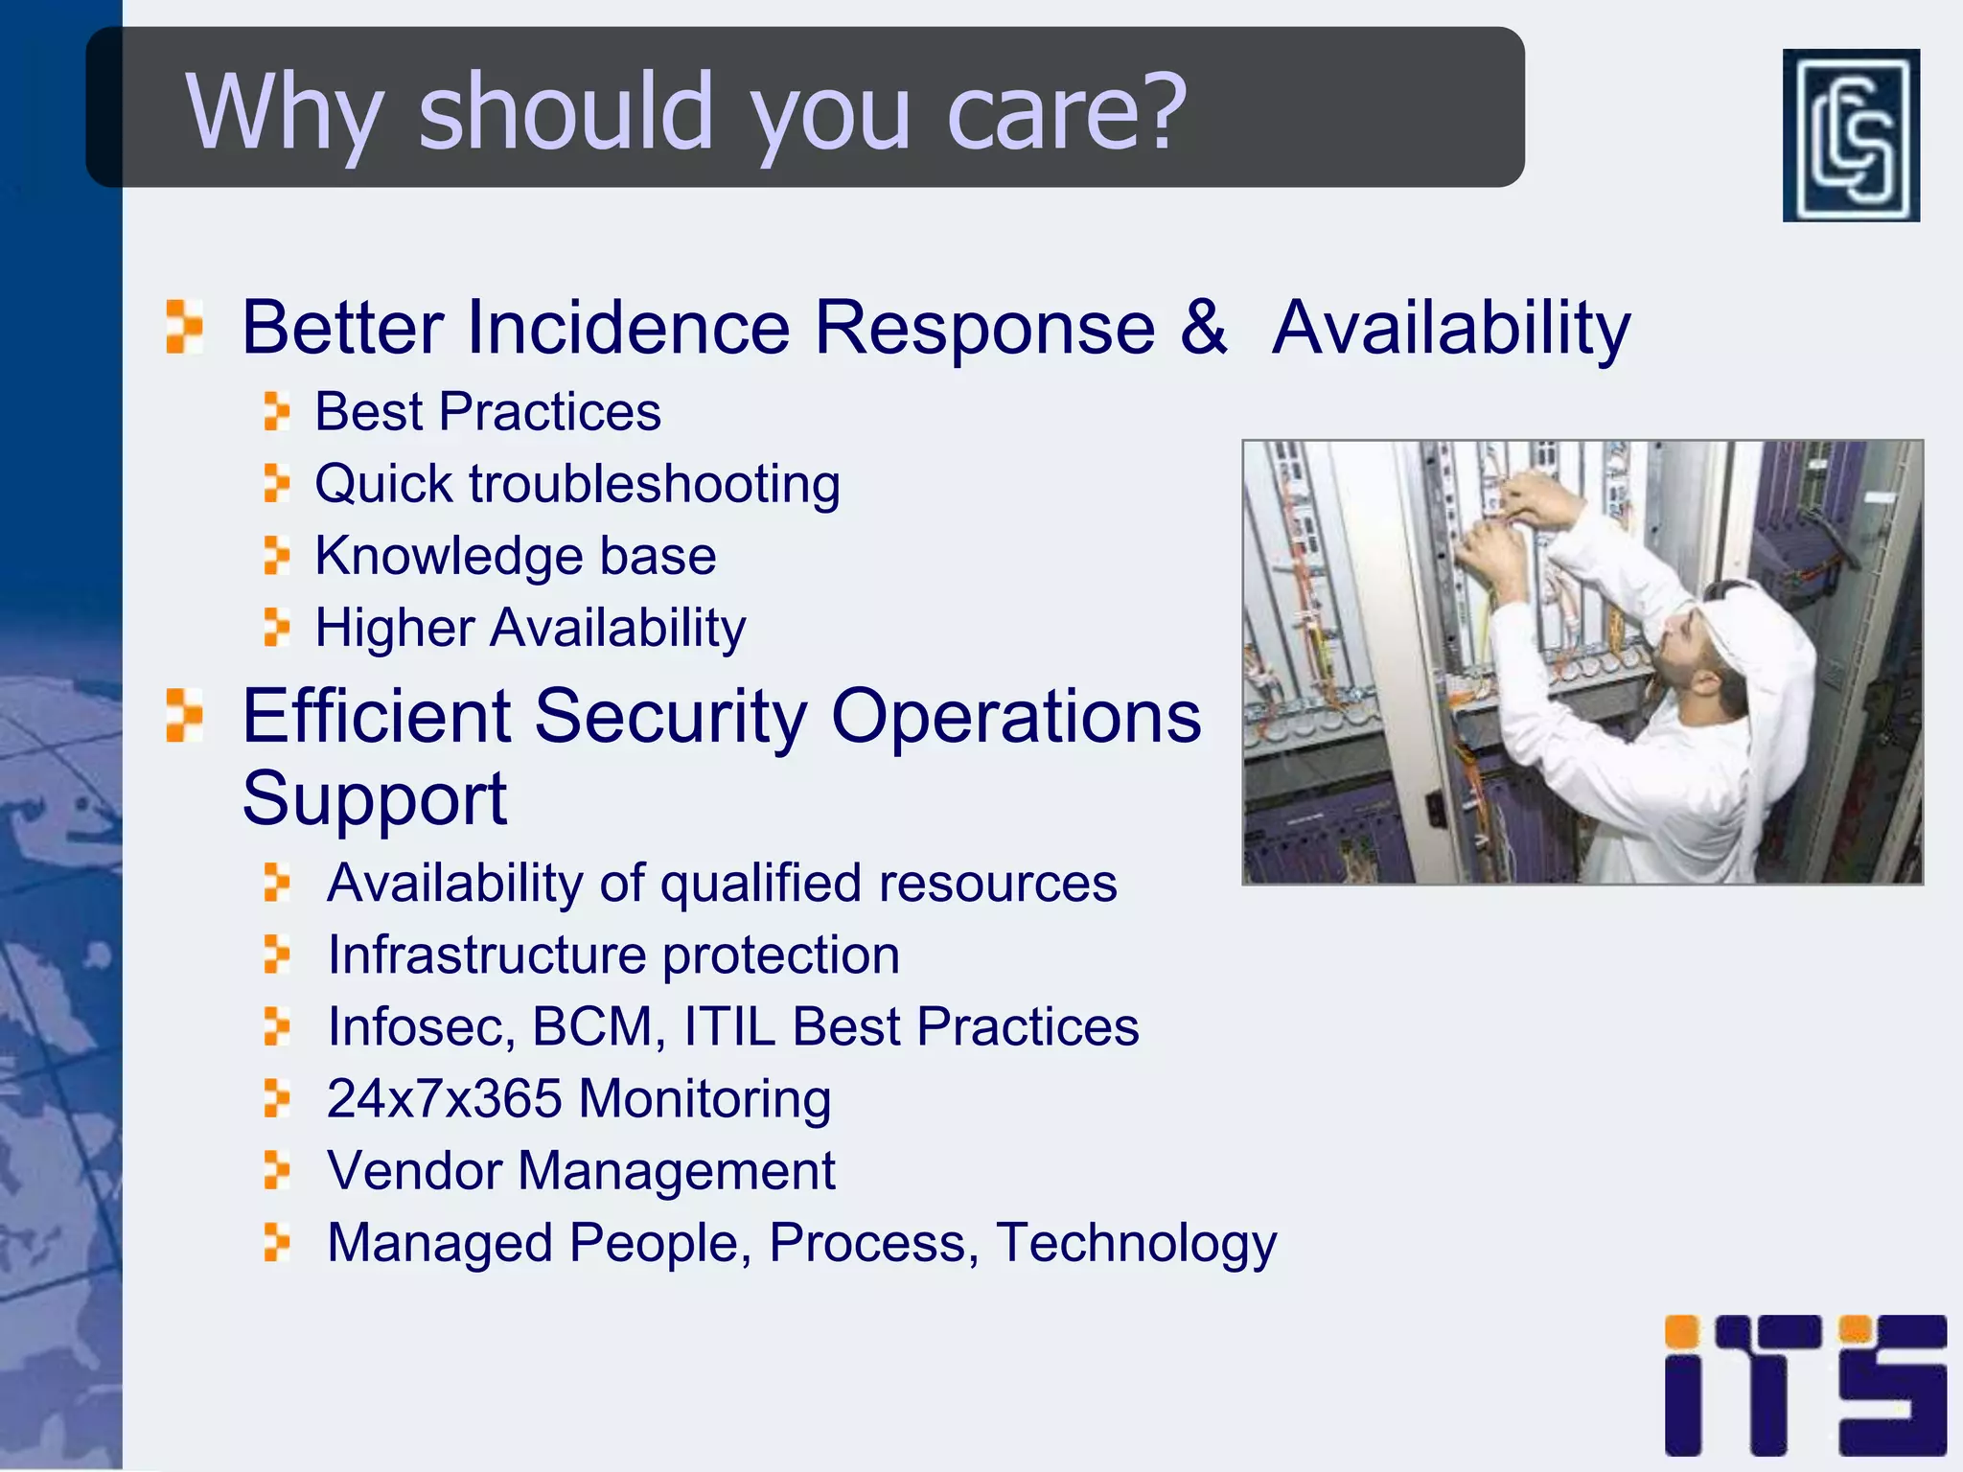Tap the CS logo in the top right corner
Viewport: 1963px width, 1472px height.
1850,135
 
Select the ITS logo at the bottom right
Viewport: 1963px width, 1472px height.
1805,1385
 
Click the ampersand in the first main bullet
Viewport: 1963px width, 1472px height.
1202,327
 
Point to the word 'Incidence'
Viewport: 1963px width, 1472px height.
628,328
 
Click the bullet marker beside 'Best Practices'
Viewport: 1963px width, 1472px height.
276,411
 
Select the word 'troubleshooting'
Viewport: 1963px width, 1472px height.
655,484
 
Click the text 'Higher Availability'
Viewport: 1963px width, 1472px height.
530,629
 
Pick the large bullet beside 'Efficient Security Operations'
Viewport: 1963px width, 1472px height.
183,715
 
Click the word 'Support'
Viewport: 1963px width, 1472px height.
374,799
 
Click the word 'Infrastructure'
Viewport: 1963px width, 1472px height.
487,954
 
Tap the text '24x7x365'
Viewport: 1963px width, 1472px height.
444,1098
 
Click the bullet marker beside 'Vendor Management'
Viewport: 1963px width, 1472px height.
276,1170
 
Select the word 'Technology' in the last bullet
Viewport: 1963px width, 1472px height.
1136,1243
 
